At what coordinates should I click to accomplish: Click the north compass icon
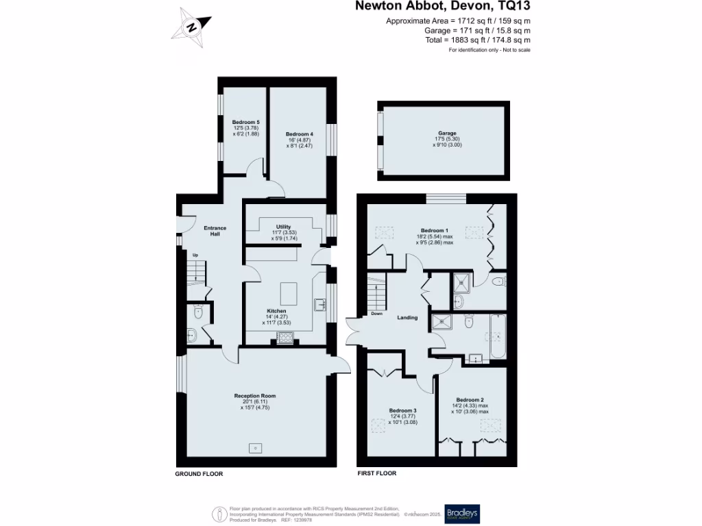[193, 27]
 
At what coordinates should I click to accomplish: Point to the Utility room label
[284, 227]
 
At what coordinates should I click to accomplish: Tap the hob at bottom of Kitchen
[284, 336]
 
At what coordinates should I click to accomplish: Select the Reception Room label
[255, 396]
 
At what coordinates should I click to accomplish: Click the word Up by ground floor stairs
[195, 256]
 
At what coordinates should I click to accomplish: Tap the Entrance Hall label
[215, 231]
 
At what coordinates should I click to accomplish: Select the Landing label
[407, 318]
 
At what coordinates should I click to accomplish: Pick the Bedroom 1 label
[435, 231]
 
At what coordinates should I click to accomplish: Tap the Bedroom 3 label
[402, 410]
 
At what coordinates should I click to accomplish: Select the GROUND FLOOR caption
[199, 473]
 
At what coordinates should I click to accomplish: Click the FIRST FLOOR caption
[377, 473]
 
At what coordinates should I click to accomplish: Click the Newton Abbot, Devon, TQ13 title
[442, 7]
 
